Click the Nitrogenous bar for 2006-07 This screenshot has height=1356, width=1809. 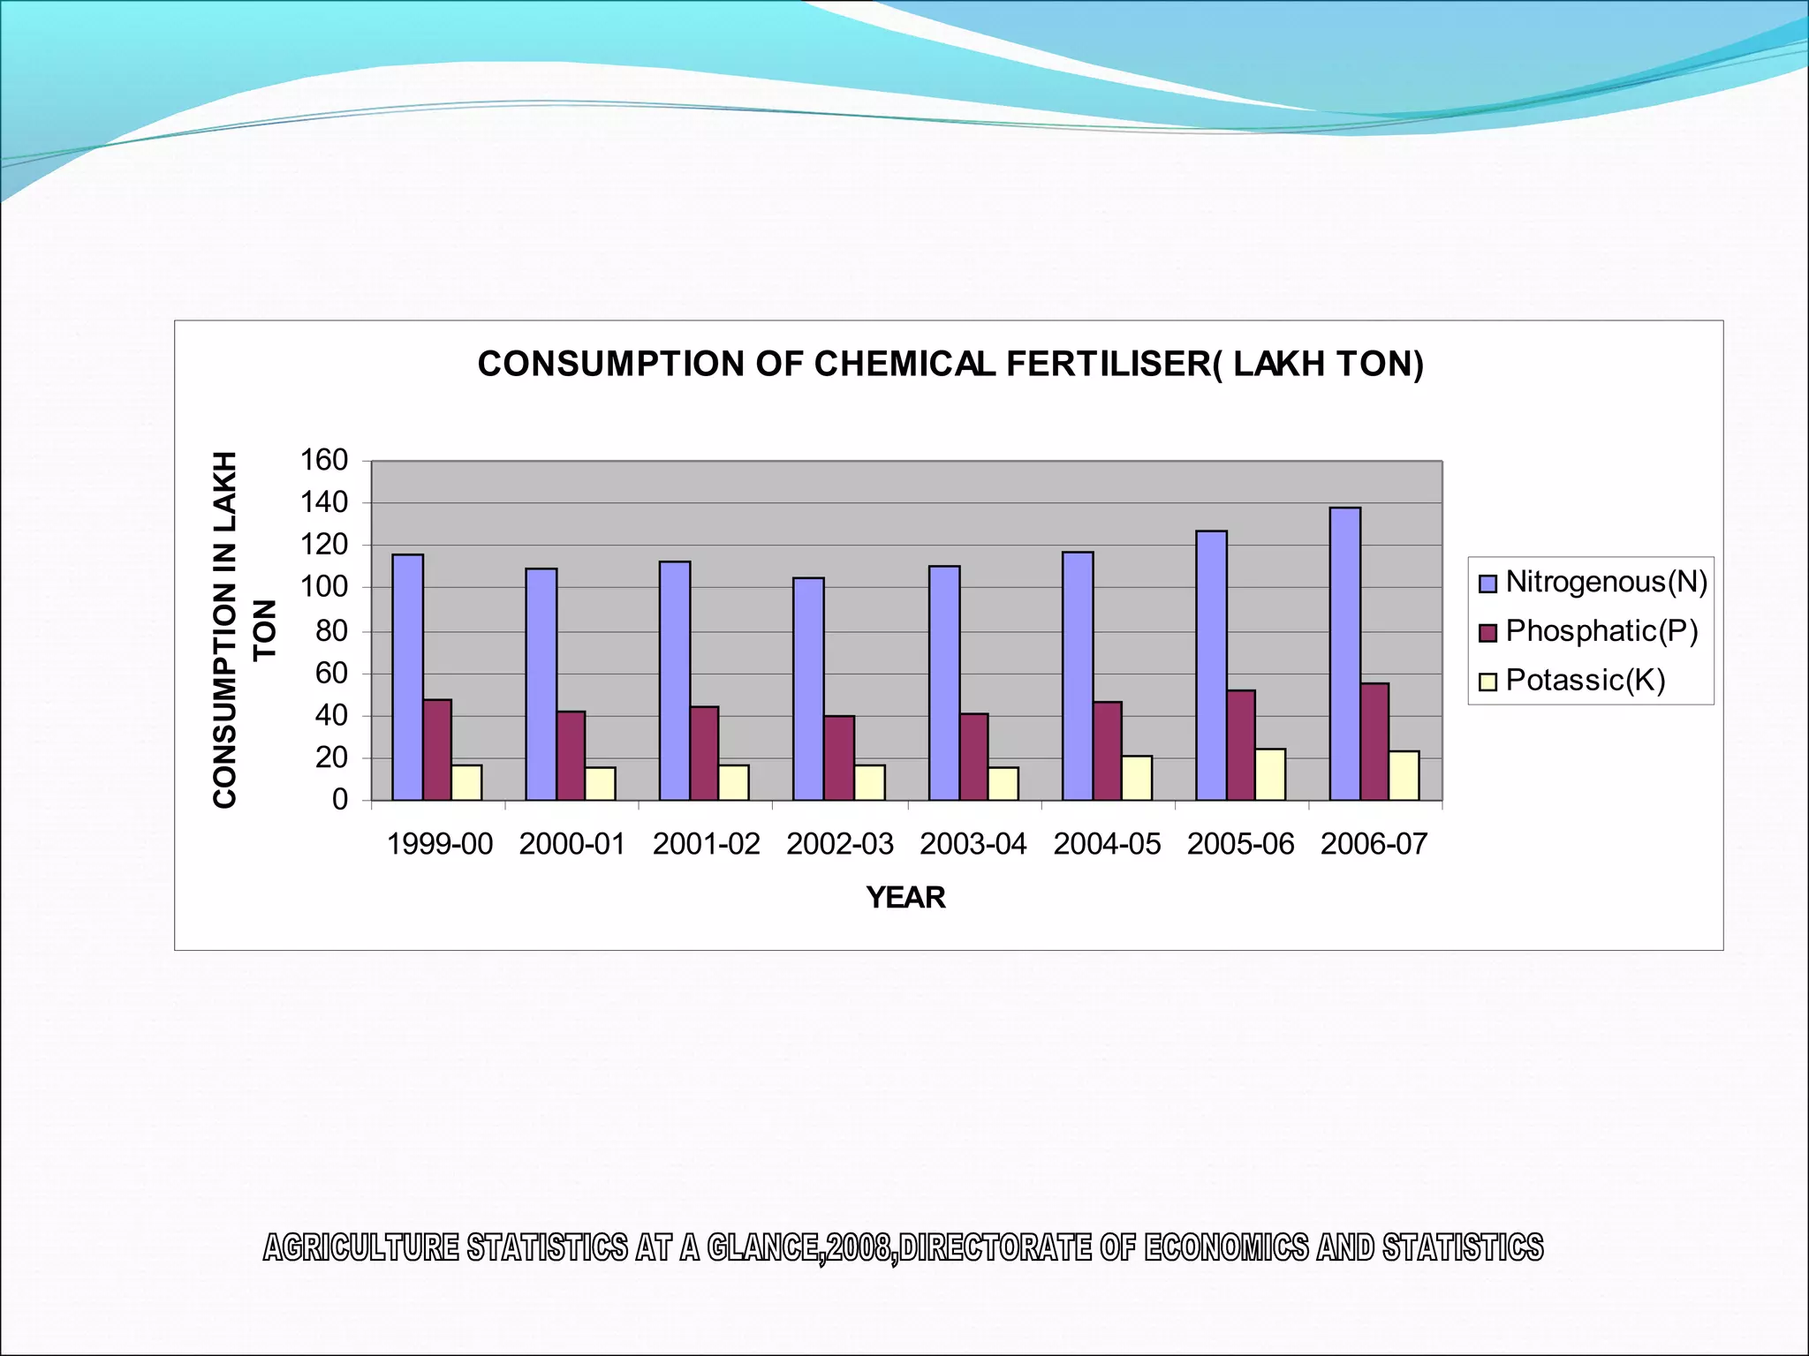tap(1345, 654)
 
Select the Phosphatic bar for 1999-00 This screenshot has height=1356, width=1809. tap(437, 750)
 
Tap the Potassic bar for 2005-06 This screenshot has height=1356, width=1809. tap(1270, 775)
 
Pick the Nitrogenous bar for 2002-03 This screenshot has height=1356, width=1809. tap(808, 689)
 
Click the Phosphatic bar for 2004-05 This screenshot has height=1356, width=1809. tap(1108, 751)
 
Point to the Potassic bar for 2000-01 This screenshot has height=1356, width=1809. tap(600, 784)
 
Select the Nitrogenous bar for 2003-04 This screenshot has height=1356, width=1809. tap(944, 683)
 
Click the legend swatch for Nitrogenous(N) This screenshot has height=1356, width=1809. tap(1487, 584)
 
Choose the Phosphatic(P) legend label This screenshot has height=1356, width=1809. tap(1601, 631)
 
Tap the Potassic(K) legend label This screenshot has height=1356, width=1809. tap(1585, 681)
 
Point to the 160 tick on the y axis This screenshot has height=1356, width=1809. tap(324, 460)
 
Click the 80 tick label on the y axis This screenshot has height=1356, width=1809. tap(331, 631)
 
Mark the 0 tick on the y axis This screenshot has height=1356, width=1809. tap(340, 801)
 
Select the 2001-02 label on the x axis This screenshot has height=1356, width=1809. tap(706, 845)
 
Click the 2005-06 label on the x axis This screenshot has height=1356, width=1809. tap(1240, 845)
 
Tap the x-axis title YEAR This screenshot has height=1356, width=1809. tap(905, 898)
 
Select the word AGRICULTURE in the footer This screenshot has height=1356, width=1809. tap(361, 1248)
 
